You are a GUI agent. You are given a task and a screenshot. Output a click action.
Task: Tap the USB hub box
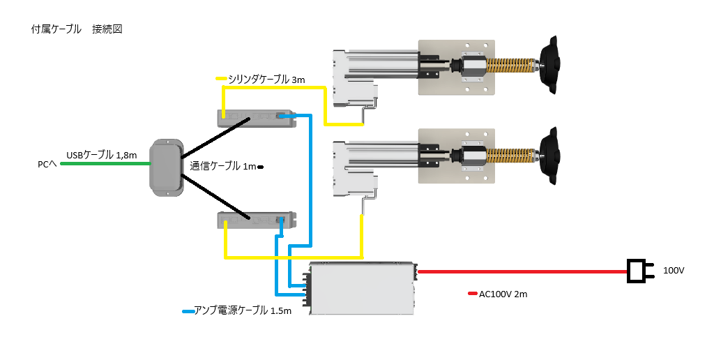pos(165,167)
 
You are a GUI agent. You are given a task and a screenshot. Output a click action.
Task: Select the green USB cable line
pos(105,164)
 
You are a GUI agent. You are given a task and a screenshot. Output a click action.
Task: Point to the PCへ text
pos(47,165)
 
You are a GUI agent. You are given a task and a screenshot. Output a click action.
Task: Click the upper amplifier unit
pos(256,117)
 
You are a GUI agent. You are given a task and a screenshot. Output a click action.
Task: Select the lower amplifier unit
pos(256,220)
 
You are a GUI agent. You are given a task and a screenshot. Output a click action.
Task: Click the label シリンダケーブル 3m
pos(266,80)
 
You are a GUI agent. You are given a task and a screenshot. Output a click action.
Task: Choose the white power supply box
pos(363,287)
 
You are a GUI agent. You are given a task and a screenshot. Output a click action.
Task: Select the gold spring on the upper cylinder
pos(512,66)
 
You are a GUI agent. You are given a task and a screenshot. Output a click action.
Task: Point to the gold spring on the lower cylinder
pos(512,158)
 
